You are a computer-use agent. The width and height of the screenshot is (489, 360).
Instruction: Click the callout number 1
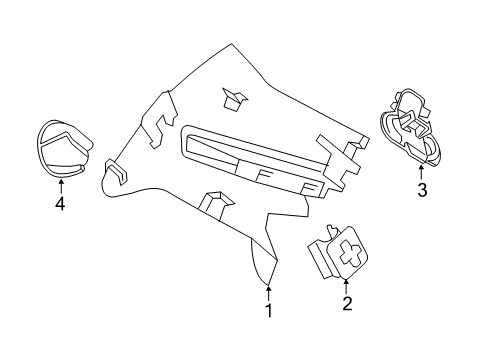pyautogui.click(x=269, y=311)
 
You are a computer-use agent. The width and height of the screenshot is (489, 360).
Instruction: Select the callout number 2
pyautogui.click(x=347, y=303)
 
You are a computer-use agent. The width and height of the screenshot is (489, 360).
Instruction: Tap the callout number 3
pyautogui.click(x=422, y=190)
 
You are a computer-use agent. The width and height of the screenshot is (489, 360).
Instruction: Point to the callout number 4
pyautogui.click(x=60, y=203)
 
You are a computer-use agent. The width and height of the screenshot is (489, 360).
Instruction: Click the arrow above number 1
pyautogui.click(x=268, y=292)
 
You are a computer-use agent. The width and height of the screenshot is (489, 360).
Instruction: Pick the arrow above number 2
pyautogui.click(x=346, y=287)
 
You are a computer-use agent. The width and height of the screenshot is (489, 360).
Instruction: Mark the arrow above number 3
pyautogui.click(x=421, y=173)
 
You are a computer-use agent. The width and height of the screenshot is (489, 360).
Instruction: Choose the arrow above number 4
pyautogui.click(x=61, y=187)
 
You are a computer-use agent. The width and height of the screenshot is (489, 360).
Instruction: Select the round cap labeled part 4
pyautogui.click(x=63, y=149)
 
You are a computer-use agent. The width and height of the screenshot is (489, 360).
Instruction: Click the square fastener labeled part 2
pyautogui.click(x=337, y=253)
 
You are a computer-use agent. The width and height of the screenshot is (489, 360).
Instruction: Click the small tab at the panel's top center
pyautogui.click(x=234, y=99)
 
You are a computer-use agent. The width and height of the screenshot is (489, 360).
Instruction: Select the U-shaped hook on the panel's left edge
pyautogui.click(x=117, y=171)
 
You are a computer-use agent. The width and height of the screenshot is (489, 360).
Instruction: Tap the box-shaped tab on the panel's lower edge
pyautogui.click(x=216, y=205)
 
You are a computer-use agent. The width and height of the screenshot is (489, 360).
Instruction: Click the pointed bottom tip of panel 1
pyautogui.click(x=268, y=285)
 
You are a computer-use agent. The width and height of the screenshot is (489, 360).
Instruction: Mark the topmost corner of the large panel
pyautogui.click(x=232, y=44)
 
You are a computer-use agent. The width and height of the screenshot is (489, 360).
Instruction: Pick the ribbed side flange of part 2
pyautogui.click(x=321, y=258)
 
